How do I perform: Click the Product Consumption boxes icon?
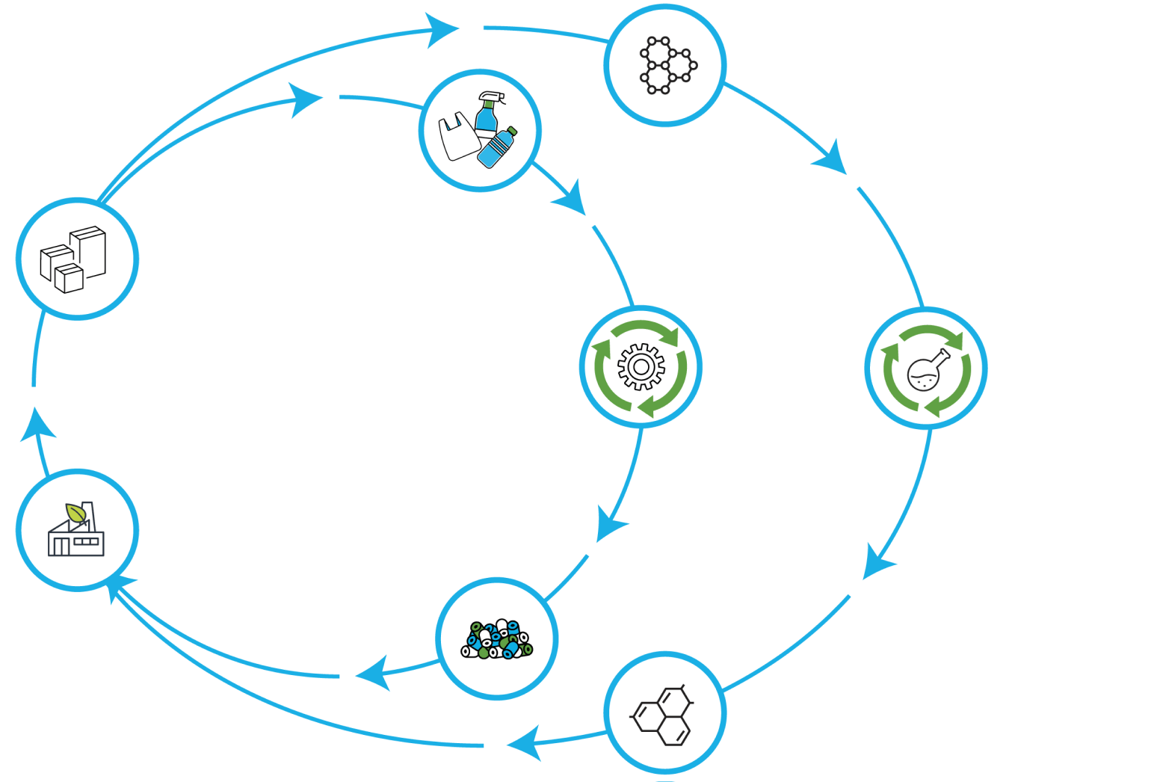point(73,259)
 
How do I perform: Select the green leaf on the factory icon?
point(75,513)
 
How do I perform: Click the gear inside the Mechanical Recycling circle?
point(641,366)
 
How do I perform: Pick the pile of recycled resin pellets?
point(497,640)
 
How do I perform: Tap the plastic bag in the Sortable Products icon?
point(457,138)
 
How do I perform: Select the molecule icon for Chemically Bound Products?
point(665,66)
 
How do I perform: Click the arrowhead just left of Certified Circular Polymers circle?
point(523,743)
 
